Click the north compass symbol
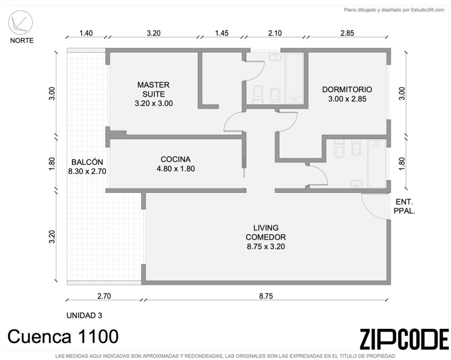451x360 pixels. [x=20, y=23]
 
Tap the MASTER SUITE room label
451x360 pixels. [x=154, y=94]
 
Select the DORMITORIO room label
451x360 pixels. [x=347, y=94]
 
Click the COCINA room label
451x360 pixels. [x=175, y=164]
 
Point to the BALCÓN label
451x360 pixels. [x=87, y=167]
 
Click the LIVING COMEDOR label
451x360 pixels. [x=266, y=237]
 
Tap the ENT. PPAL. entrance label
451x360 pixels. [x=404, y=206]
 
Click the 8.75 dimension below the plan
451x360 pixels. [x=266, y=296]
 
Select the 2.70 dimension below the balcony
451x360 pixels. [x=104, y=296]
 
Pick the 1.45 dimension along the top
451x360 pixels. [x=222, y=33]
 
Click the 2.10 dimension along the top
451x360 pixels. [x=275, y=33]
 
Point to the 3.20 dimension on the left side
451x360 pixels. [x=52, y=236]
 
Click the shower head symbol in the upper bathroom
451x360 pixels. [x=294, y=98]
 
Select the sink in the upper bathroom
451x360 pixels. [x=275, y=56]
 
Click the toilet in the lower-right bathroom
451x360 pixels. [x=340, y=148]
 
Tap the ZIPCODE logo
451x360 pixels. [x=404, y=339]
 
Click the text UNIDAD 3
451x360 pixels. [x=84, y=315]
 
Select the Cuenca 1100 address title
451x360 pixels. [x=63, y=336]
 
